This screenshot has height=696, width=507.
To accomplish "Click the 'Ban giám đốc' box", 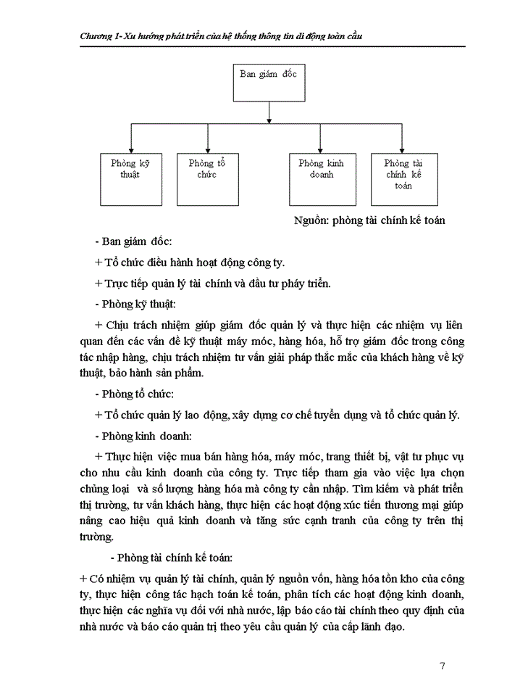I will (269, 81).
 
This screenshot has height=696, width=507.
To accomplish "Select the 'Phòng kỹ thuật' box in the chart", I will (130, 178).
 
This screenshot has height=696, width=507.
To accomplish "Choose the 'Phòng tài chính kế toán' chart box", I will (403, 178).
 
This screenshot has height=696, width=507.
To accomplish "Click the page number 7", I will (442, 666).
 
